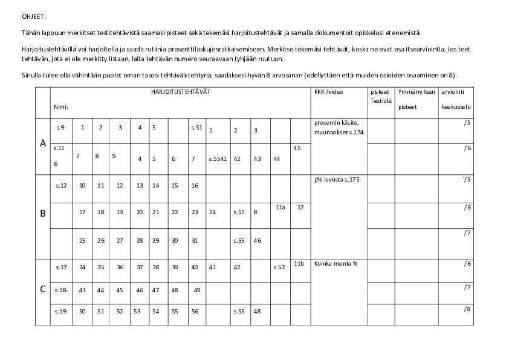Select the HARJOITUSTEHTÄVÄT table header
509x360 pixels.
point(181,91)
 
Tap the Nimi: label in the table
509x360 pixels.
point(60,106)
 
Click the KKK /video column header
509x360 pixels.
point(329,92)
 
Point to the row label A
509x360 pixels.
point(43,143)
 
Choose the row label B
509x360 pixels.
point(43,213)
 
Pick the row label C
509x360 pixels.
point(43,289)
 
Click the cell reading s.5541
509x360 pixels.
point(218,159)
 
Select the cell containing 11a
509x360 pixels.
point(280,207)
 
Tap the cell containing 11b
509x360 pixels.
point(299,264)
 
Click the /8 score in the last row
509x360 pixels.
point(467,309)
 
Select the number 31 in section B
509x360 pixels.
point(195,240)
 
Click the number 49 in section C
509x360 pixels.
point(197,290)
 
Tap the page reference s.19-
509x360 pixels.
point(61,311)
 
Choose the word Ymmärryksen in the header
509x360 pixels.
point(414,92)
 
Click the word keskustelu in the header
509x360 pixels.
point(456,106)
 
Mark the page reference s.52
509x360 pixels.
point(279,267)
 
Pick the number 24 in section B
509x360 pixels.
point(212,212)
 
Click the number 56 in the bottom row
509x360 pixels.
point(195,311)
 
